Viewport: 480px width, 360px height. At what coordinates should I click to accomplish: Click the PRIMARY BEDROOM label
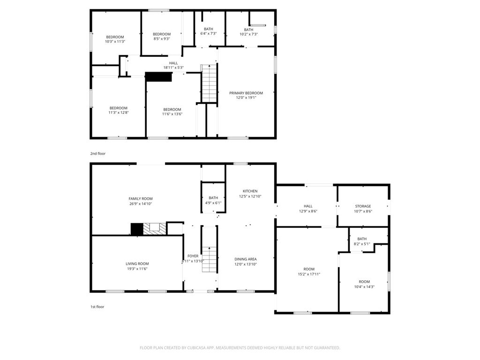[246, 93]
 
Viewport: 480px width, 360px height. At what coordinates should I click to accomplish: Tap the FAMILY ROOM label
[141, 199]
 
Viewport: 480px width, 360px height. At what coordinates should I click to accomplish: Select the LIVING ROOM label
[137, 264]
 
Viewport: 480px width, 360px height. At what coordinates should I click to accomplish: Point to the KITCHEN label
[250, 191]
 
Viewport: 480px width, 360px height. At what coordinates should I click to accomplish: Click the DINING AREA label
[246, 259]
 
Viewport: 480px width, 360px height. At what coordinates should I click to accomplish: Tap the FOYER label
[193, 256]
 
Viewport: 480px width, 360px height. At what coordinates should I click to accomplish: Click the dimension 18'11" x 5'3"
[173, 67]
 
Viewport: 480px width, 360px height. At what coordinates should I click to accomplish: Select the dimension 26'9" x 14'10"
[141, 204]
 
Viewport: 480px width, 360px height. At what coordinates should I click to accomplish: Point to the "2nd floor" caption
[97, 153]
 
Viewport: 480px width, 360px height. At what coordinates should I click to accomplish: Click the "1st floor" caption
[97, 307]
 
